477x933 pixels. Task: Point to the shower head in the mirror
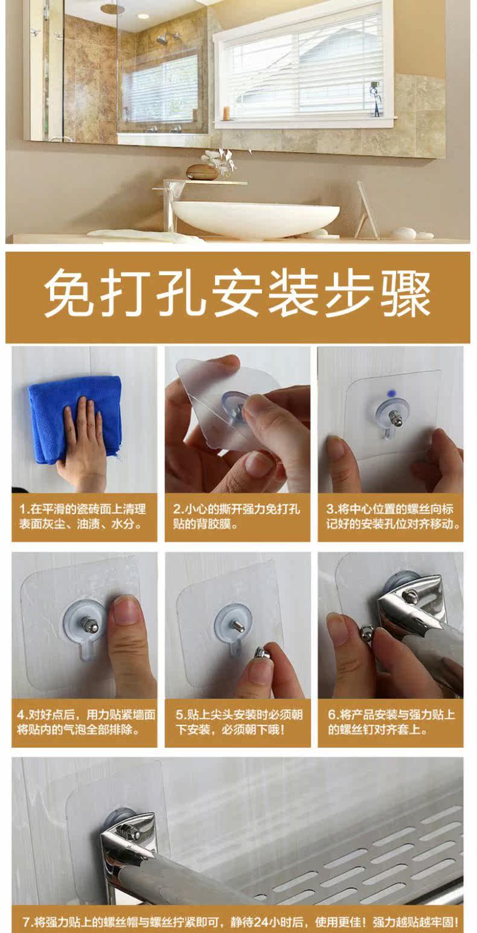[x=163, y=40]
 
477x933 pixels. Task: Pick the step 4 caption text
[x=86, y=722]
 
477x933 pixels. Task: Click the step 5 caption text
[x=238, y=722]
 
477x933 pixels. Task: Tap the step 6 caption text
[x=391, y=722]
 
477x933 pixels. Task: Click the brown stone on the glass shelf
[x=202, y=171]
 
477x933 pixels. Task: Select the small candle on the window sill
[x=226, y=113]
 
